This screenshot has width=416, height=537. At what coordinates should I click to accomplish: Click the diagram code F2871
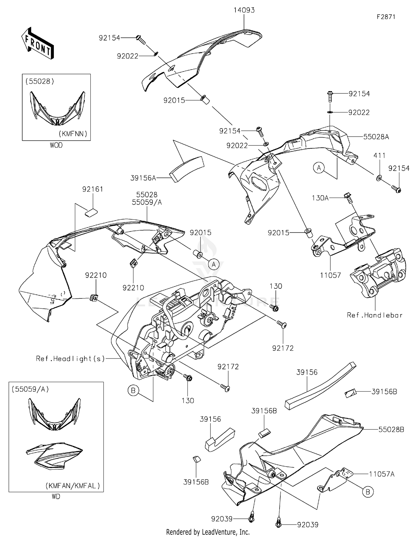[x=386, y=17]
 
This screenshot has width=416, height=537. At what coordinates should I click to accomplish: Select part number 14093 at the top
[x=244, y=10]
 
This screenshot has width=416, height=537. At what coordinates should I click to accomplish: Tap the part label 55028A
[x=376, y=137]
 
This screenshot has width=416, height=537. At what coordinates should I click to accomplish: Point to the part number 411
[x=379, y=156]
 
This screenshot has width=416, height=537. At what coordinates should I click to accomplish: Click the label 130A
[x=320, y=198]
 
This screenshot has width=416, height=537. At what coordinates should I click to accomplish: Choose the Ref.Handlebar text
[x=374, y=315]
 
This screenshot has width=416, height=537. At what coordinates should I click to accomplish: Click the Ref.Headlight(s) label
[x=70, y=359]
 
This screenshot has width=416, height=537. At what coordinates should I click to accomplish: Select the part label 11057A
[x=381, y=474]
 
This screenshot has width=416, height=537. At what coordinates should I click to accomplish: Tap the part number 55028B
[x=391, y=429]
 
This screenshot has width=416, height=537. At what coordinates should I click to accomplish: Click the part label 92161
[x=92, y=189]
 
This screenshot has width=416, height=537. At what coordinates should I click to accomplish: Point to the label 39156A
[x=143, y=178]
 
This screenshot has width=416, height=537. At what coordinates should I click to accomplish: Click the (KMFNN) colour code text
[x=73, y=134]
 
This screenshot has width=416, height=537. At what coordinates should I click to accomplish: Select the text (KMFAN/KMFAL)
[x=72, y=486]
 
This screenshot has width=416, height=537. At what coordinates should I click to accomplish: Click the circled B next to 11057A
[x=368, y=492]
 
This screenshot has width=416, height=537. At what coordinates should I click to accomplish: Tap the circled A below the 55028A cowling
[x=319, y=168]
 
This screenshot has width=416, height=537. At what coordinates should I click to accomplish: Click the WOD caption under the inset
[x=56, y=145]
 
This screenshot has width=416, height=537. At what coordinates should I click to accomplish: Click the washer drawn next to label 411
[x=379, y=178]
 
